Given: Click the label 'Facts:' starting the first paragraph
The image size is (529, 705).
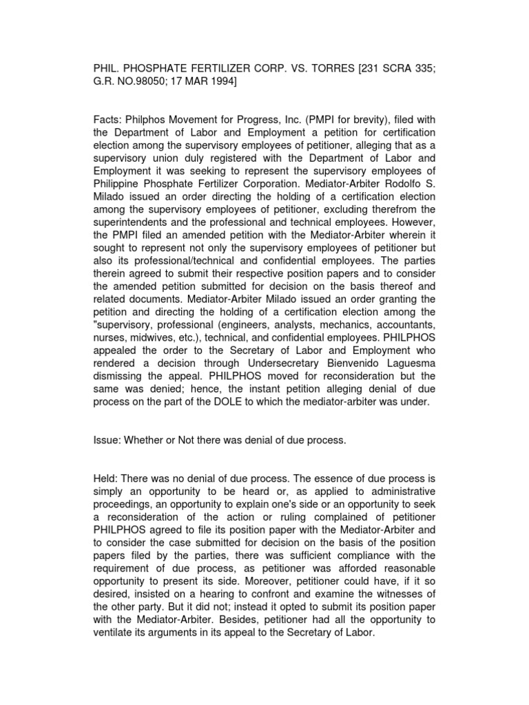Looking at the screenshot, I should point(108,120).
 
